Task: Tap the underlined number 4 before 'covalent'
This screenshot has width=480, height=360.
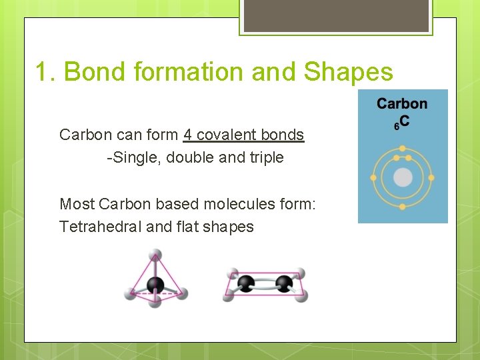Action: point(187,135)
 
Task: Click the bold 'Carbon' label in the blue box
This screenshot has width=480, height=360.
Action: point(402,103)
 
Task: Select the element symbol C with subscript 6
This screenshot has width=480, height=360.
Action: point(403,123)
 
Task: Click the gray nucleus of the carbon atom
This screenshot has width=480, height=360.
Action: point(403,177)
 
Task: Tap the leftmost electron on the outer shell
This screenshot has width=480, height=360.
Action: point(373,178)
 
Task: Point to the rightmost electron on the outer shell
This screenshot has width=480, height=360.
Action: point(431,178)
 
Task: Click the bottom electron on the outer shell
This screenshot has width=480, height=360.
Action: point(403,207)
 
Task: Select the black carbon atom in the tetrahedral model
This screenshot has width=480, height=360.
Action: point(155,285)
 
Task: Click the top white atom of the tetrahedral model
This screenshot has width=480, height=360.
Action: point(155,254)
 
